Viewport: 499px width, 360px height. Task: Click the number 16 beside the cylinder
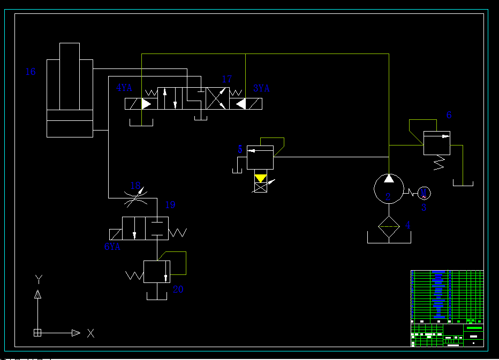[31, 72]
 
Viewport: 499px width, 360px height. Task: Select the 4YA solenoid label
[124, 88]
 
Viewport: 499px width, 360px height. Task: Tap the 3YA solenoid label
[261, 88]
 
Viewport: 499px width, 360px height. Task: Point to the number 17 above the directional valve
[226, 80]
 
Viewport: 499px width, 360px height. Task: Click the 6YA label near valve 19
[112, 247]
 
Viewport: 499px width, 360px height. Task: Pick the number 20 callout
[178, 289]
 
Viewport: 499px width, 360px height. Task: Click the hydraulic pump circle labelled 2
[388, 188]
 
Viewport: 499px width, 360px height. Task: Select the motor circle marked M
[424, 193]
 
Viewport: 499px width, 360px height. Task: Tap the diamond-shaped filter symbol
[389, 227]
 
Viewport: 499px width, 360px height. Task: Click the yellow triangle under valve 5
[261, 178]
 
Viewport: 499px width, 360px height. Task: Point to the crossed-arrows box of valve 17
[218, 98]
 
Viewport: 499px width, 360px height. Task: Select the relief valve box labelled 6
[436, 143]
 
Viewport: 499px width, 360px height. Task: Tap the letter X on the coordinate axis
[90, 333]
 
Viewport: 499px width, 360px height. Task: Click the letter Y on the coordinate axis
[38, 279]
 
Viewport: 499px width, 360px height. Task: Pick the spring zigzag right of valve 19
[178, 232]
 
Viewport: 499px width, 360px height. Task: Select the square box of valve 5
[260, 158]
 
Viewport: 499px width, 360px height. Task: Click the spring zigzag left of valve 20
[134, 275]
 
